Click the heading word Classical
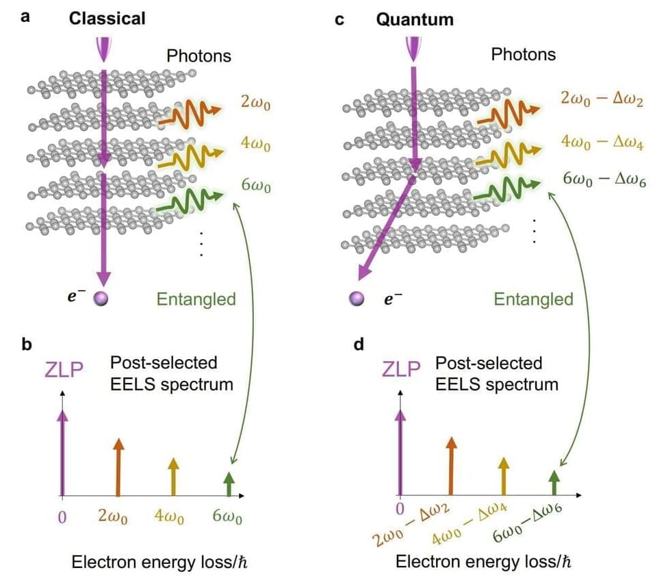coord(107,18)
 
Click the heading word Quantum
coord(415,18)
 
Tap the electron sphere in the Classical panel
coord(102,299)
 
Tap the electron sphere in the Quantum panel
coord(356,299)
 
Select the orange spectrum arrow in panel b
coord(118,467)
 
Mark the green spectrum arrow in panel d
coord(554,482)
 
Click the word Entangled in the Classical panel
coord(196,299)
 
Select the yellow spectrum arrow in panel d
coord(504,475)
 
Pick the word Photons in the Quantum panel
coord(524,54)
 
